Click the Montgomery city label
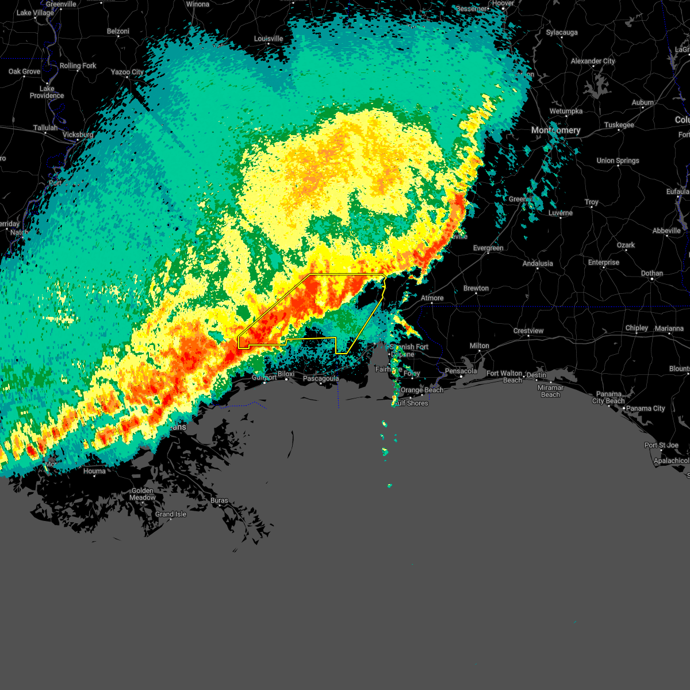tap(555, 131)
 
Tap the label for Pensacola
tap(461, 371)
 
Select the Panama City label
tap(645, 408)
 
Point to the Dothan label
tap(651, 273)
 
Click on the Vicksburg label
tap(78, 135)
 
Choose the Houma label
tap(94, 471)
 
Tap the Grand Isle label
tap(171, 514)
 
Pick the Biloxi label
tap(286, 374)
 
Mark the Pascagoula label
tap(320, 378)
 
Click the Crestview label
tap(528, 331)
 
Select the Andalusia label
tap(538, 263)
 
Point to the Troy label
tap(591, 202)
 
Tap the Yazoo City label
tap(127, 72)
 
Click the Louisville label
tap(269, 39)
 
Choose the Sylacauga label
tap(561, 32)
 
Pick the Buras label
tap(219, 500)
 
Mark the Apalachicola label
tap(671, 461)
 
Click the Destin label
tap(536, 375)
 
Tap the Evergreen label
tap(488, 248)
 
